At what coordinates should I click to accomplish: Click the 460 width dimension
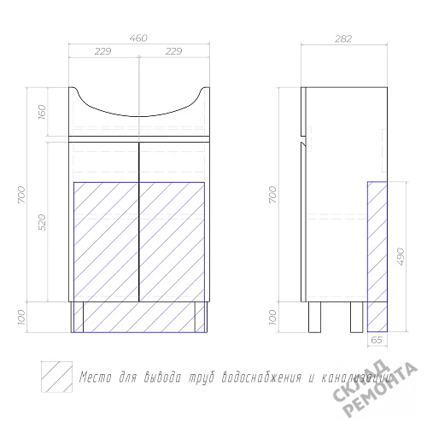click(138, 38)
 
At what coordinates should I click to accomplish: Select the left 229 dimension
click(102, 51)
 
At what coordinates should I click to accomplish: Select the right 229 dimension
click(173, 51)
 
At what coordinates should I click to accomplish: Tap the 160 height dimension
click(42, 112)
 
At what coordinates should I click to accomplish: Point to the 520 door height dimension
click(42, 222)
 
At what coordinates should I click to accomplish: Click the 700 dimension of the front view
click(21, 195)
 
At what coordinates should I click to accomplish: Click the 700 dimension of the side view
click(272, 195)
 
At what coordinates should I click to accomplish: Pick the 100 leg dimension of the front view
click(21, 317)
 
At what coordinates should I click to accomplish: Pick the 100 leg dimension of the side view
click(272, 317)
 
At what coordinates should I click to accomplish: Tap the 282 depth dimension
click(343, 38)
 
